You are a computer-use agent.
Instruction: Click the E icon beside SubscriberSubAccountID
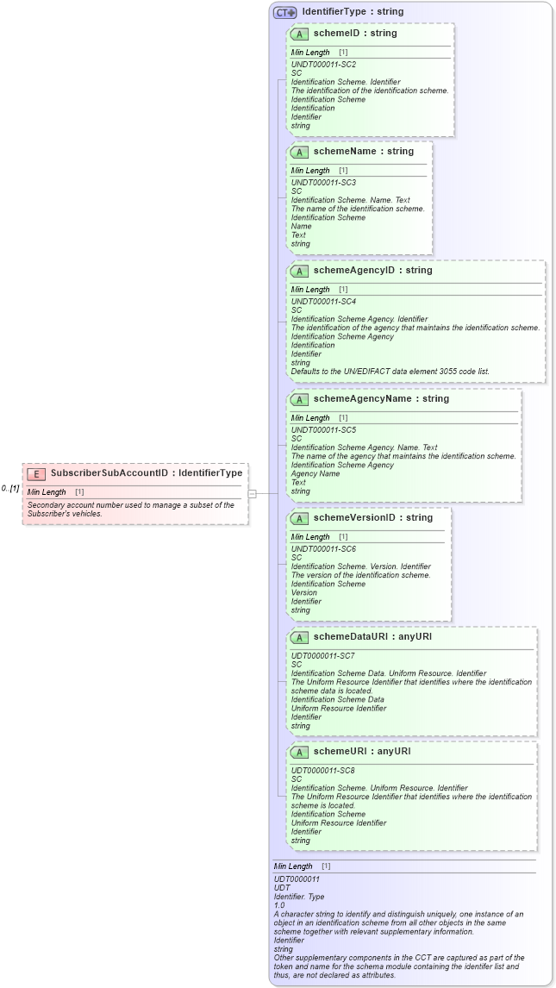[36, 472]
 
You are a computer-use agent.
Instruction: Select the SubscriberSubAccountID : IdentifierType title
[147, 472]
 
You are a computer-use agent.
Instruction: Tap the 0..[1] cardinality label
[10, 489]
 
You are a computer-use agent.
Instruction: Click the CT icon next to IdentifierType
[284, 13]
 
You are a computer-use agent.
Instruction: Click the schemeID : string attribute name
[355, 34]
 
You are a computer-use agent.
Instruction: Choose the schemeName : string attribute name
[364, 152]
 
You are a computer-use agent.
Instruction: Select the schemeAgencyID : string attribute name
[373, 271]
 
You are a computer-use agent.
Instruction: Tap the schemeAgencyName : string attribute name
[381, 399]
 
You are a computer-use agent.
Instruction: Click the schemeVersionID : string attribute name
[373, 518]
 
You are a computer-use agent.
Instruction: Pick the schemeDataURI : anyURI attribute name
[372, 637]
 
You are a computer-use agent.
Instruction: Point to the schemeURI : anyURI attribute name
[362, 752]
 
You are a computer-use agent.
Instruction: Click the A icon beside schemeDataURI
[299, 638]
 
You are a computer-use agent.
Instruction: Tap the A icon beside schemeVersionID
[299, 519]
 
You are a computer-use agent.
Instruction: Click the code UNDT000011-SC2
[323, 65]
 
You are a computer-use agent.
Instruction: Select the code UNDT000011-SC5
[323, 429]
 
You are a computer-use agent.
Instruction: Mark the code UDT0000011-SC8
[323, 770]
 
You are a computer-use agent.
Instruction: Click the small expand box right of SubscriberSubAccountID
[253, 493]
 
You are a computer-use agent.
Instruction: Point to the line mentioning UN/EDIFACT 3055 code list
[390, 372]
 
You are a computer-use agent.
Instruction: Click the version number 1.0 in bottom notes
[279, 905]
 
